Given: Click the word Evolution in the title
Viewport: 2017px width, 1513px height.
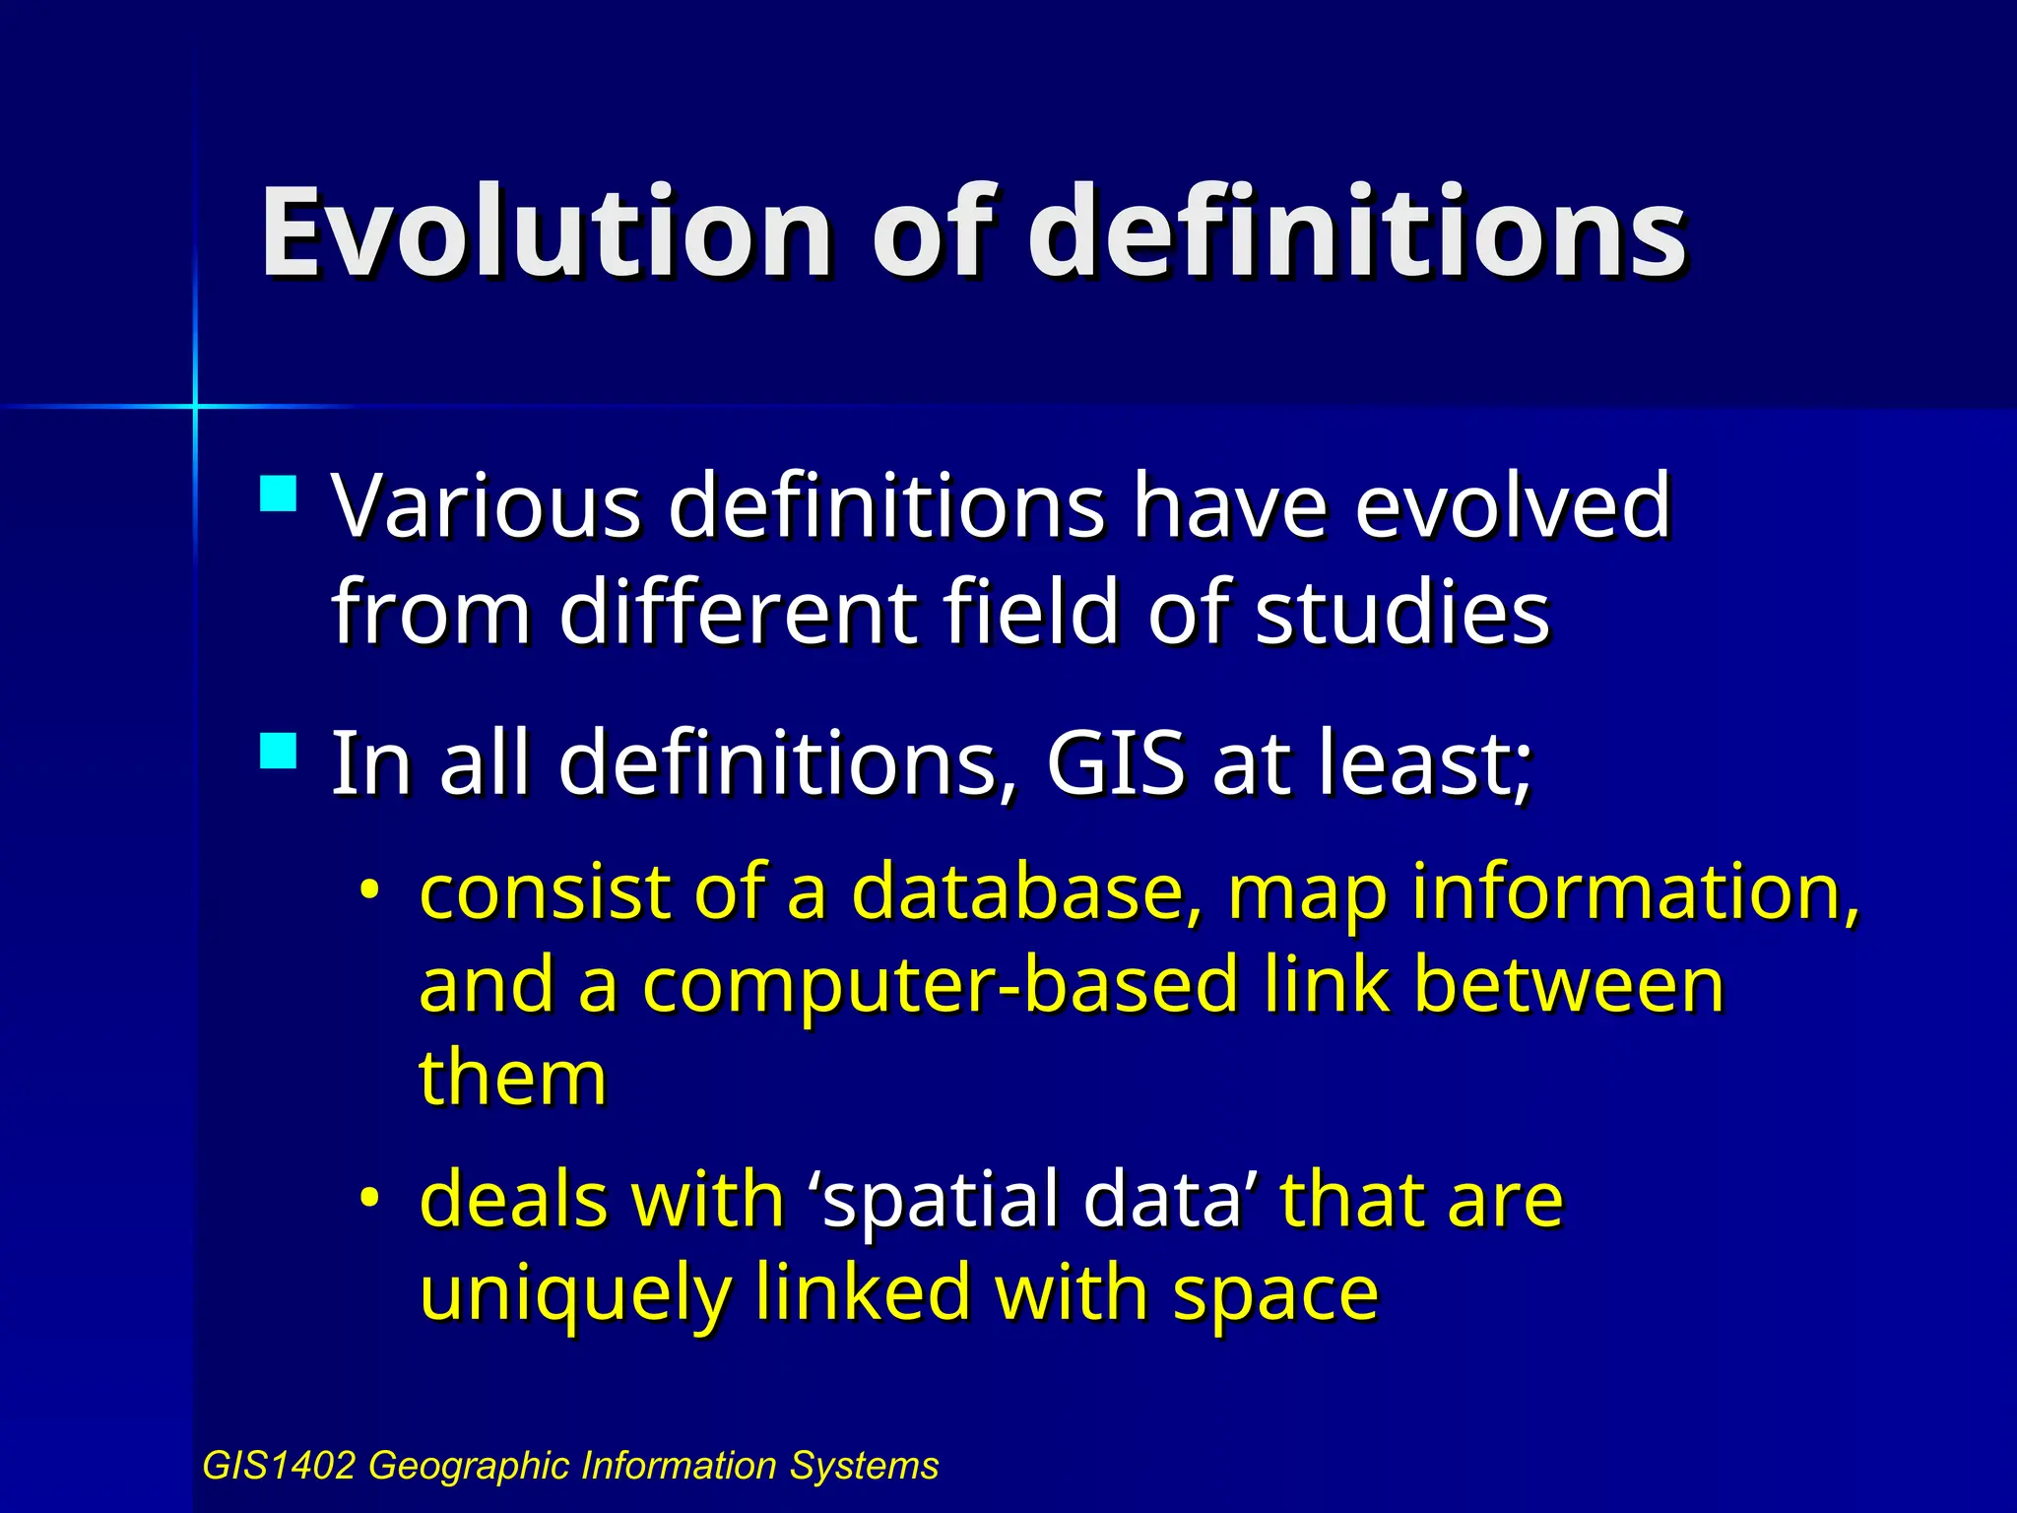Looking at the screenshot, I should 546,234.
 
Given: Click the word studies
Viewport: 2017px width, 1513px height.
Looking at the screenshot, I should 1402,613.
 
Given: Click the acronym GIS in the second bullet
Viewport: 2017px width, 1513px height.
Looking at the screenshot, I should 1115,763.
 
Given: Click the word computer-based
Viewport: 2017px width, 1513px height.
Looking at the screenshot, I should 941,985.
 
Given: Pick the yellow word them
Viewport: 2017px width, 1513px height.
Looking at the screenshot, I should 512,1078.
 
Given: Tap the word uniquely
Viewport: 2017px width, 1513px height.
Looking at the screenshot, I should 574,1293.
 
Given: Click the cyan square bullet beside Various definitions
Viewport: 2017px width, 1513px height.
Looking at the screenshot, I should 279,494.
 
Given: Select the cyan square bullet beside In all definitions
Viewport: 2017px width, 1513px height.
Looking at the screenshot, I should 279,751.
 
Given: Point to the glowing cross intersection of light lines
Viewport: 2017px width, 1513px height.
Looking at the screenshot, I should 195,405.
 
